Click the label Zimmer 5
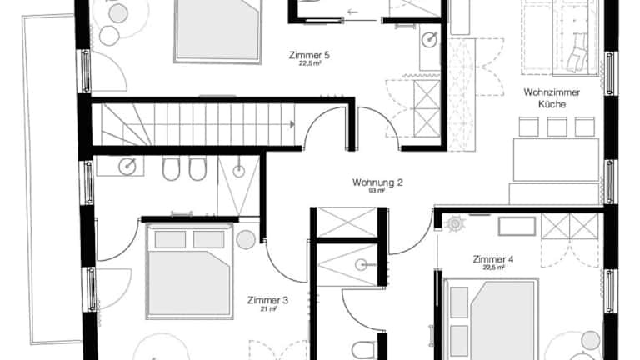click(309, 55)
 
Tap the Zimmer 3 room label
click(267, 300)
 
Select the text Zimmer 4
click(493, 259)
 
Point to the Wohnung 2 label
click(377, 182)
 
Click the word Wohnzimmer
click(552, 92)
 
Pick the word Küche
click(552, 104)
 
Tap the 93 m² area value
click(377, 191)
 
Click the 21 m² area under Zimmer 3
click(268, 309)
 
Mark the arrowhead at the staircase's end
click(292, 124)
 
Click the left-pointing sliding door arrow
click(352, 12)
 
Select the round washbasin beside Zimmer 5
click(429, 39)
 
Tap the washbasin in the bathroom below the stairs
click(127, 167)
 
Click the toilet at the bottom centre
click(362, 350)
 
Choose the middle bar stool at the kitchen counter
click(557, 127)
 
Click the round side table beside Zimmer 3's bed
click(246, 240)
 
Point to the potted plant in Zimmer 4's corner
click(454, 223)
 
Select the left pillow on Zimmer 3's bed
click(170, 240)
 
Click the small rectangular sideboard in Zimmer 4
click(517, 226)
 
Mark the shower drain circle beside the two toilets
click(239, 171)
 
